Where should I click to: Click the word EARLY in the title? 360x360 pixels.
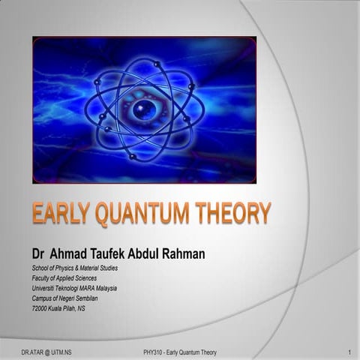[60, 214]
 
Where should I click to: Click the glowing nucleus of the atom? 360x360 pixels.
[143, 109]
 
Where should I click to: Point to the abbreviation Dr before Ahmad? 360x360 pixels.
[38, 254]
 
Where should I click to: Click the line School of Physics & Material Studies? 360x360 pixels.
[74, 268]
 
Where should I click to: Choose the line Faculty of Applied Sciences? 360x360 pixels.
[64, 277]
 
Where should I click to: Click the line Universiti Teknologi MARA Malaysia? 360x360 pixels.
[74, 288]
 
